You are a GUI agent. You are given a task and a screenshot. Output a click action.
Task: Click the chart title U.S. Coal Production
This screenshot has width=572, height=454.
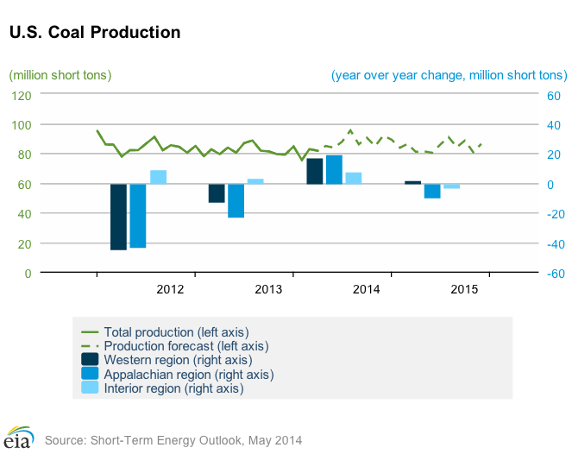point(95,32)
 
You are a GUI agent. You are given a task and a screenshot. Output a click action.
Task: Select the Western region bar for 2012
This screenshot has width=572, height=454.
point(118,217)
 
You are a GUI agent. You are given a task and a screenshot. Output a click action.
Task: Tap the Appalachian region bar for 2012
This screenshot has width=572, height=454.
point(137,216)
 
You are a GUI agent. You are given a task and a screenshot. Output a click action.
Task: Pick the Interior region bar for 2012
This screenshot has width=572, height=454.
point(158,177)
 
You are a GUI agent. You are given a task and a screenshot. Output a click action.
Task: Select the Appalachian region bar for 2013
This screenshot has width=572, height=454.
point(236,200)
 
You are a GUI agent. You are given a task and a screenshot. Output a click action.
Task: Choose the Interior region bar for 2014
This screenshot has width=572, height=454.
point(354,178)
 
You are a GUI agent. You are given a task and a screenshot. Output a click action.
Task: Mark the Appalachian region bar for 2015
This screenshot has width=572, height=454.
point(432,191)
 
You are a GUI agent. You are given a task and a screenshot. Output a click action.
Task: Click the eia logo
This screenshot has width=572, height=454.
point(19,437)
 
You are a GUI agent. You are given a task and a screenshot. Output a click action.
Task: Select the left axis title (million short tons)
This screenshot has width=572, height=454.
point(60,75)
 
